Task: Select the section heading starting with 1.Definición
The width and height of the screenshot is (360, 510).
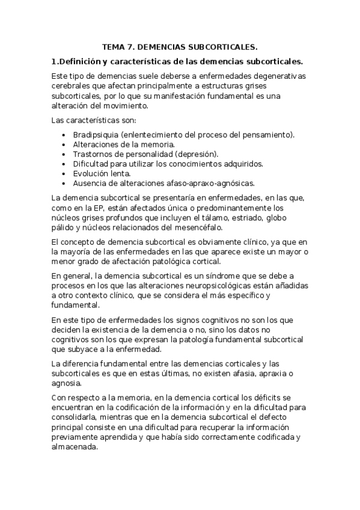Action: click(177, 61)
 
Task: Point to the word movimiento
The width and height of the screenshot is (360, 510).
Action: click(121, 105)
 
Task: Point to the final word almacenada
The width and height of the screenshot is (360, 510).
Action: click(74, 447)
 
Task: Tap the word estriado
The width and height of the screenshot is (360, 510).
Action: click(259, 218)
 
